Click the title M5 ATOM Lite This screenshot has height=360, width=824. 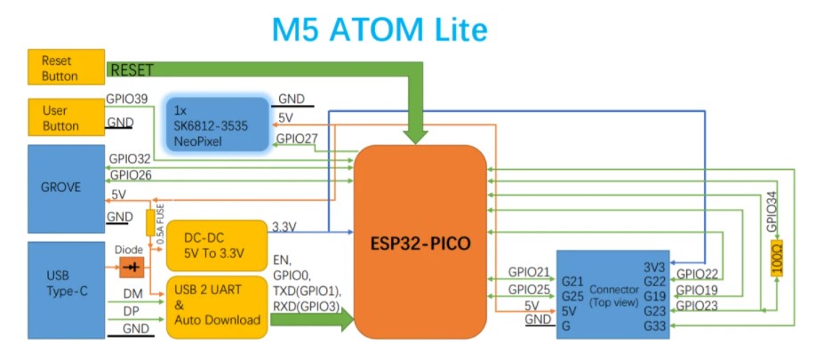pos(380,29)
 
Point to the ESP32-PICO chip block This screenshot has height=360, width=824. pos(421,242)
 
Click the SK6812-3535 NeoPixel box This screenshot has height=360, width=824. pos(216,125)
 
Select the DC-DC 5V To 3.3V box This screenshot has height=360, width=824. pos(216,245)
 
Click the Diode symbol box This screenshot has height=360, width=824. pos(132,267)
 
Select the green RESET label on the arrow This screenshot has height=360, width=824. pos(132,69)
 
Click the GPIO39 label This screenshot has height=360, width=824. pos(127,99)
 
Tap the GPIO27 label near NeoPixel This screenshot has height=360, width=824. pos(295,139)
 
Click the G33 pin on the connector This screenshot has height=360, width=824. pos(654,327)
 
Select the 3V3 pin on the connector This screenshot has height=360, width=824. pos(654,267)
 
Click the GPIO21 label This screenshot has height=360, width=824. pos(529,272)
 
